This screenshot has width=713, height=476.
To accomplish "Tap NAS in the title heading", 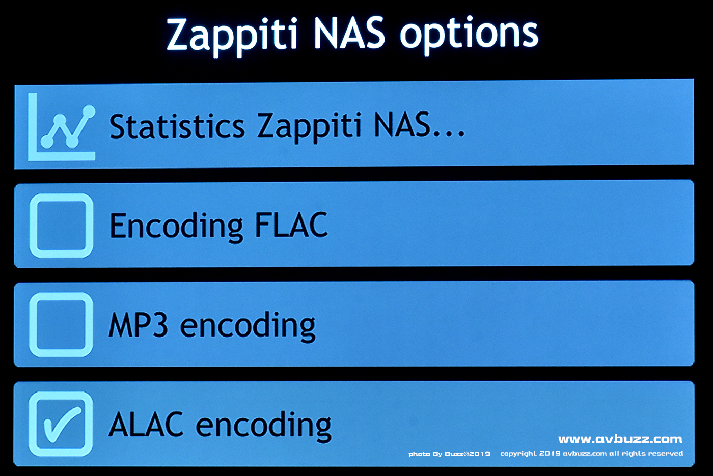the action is click(x=349, y=34).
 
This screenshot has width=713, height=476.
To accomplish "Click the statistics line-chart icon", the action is click(x=62, y=127).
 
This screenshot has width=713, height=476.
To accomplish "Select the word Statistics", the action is click(x=177, y=127).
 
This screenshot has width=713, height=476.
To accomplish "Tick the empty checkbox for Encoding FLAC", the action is click(x=61, y=226).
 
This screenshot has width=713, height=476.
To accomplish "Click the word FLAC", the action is click(x=291, y=225).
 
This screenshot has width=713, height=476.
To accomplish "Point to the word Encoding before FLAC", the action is click(x=176, y=227).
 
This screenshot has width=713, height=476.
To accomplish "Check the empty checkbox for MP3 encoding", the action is click(x=61, y=325).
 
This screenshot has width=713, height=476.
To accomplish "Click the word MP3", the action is click(x=138, y=324).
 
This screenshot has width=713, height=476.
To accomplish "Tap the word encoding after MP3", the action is click(x=248, y=326).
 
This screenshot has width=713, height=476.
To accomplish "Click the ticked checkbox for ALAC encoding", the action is click(x=61, y=424).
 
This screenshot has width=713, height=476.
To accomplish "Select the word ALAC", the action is click(x=146, y=424).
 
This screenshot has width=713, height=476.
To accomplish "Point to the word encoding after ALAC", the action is click(x=264, y=426).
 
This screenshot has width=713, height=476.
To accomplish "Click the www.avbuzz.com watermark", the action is click(x=620, y=439).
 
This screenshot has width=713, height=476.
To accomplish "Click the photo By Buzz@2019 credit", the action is click(x=449, y=454).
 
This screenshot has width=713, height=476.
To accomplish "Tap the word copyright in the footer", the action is click(x=518, y=454).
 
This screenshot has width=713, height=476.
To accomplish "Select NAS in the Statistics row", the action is click(x=402, y=125).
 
